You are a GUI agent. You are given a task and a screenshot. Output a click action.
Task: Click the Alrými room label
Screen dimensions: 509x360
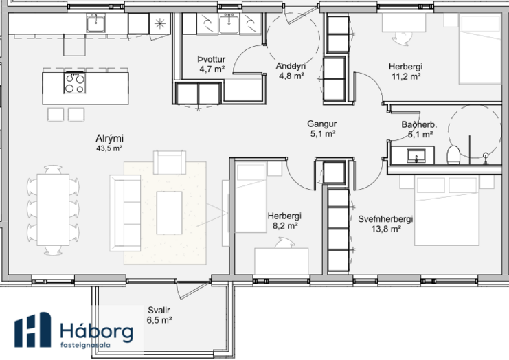coord(109,139)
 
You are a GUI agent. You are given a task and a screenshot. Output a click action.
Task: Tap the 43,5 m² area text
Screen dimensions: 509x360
coord(109,148)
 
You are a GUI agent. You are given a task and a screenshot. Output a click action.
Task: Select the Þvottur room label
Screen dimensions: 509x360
coord(212,59)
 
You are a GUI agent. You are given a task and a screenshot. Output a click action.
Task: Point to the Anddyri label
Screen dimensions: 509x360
coord(291,66)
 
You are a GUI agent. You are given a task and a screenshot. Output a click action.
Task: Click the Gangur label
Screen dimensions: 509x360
coord(322,124)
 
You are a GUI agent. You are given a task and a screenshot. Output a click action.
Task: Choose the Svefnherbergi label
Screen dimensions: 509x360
coord(385,219)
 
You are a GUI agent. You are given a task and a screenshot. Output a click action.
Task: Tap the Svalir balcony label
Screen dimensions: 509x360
coord(159,310)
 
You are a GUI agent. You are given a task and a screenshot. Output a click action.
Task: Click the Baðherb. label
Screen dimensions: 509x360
coord(419,124)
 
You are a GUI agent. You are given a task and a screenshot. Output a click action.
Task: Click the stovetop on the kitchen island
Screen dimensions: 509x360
coord(75,82)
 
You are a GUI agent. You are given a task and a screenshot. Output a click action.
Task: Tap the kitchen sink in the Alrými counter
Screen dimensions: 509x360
coord(95,23)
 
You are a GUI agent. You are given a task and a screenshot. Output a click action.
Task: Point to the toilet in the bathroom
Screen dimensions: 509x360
coord(453,155)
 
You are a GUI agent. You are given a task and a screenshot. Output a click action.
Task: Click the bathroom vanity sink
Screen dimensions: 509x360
coord(416,156)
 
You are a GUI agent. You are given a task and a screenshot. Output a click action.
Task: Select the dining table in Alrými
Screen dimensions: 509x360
coord(53,210)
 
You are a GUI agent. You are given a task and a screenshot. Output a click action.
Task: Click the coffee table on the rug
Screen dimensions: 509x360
coord(169,212)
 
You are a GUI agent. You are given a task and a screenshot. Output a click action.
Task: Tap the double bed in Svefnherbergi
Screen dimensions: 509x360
coord(446,210)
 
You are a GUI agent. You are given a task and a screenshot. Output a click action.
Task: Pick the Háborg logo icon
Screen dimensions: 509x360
coord(32,330)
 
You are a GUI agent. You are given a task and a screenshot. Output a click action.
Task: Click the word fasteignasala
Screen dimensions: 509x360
coord(85,345)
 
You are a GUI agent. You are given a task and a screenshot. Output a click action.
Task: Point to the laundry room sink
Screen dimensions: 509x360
coord(229,23)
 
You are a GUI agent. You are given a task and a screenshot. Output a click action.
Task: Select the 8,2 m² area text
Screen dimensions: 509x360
coord(285,226)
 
